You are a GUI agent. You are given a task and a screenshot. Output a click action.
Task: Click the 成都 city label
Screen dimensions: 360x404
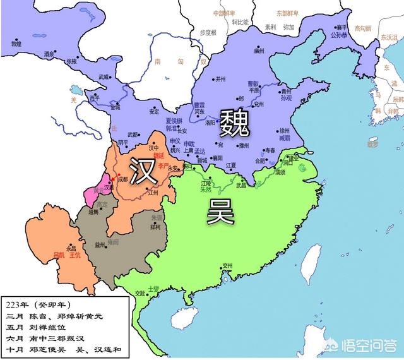122,179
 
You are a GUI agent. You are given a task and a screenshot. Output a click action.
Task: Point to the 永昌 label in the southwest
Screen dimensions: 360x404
62,248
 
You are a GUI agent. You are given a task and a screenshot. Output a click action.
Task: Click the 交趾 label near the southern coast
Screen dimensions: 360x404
141,293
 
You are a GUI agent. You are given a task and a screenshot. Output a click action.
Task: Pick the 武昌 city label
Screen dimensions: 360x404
242,184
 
